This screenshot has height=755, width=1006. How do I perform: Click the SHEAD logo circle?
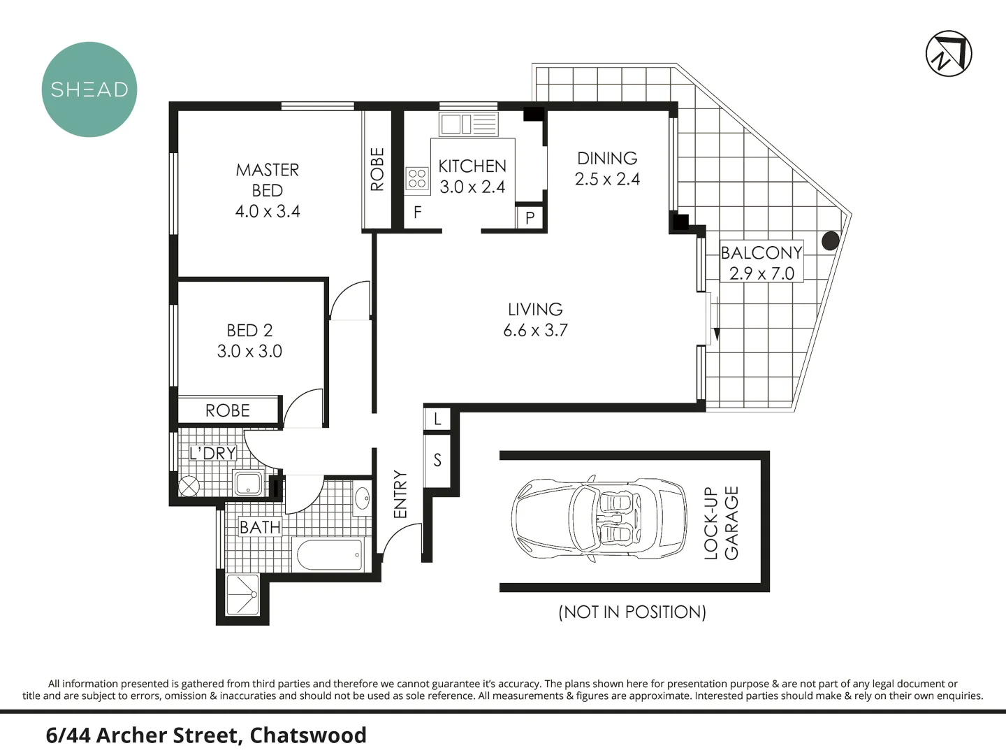pos(89,89)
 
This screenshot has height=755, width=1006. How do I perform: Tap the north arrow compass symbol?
pos(949,54)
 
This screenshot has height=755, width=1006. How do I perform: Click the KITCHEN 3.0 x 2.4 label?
pos(472,176)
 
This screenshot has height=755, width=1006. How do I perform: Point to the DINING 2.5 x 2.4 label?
pos(607,168)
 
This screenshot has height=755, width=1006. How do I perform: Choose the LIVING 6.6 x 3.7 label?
pos(535,319)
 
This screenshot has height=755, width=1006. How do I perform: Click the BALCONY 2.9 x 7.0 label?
pos(761,263)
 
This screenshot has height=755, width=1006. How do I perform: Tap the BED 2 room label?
pos(249,340)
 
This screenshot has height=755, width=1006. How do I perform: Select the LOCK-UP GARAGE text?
pos(721,523)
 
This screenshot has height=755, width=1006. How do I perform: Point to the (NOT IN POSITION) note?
pos(632,612)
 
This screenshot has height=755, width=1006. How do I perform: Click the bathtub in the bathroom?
pos(330,555)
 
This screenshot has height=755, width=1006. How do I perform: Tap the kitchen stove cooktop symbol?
pos(417,178)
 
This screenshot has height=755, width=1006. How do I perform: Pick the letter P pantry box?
pos(530,217)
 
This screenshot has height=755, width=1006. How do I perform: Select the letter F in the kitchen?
pos(417,213)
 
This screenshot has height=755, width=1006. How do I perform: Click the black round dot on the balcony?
pos(830,241)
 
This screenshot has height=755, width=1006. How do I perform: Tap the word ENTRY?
pos(400,494)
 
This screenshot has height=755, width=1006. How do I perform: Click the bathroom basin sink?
pos(363,499)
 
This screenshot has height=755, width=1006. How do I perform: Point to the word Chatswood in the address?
pos(308,735)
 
